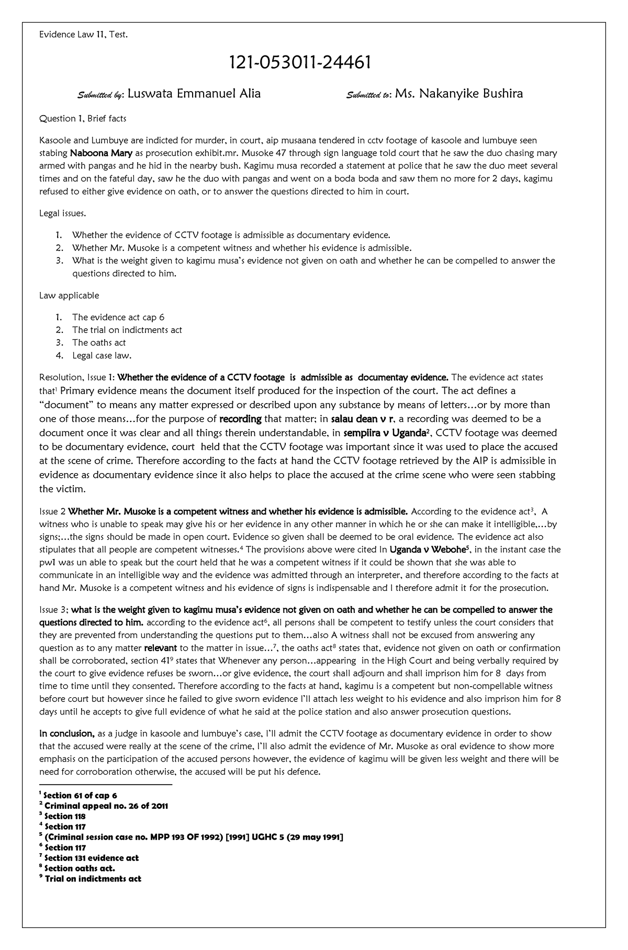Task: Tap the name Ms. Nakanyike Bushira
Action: tap(458, 94)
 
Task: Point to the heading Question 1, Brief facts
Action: tap(83, 118)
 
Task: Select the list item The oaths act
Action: tap(99, 343)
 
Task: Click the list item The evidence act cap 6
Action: tap(118, 317)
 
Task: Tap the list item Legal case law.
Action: tap(102, 356)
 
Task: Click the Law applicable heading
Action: tap(69, 295)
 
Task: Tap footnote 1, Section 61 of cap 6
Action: tap(80, 796)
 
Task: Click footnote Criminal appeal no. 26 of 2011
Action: tap(106, 806)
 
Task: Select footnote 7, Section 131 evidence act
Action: tap(91, 858)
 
